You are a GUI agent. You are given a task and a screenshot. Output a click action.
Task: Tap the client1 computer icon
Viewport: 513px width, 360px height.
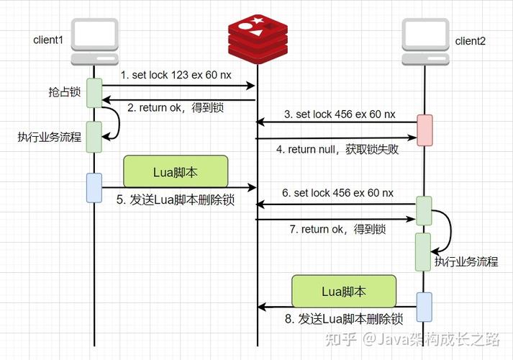pyautogui.click(x=94, y=42)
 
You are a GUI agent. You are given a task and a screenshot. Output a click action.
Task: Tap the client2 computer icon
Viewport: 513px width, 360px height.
pyautogui.click(x=425, y=42)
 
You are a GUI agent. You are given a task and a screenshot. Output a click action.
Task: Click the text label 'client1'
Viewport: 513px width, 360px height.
pyautogui.click(x=48, y=39)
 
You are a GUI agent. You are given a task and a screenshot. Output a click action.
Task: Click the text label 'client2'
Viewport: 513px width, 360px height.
pyautogui.click(x=471, y=41)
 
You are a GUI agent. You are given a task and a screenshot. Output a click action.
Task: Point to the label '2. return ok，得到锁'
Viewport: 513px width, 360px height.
pyautogui.click(x=175, y=108)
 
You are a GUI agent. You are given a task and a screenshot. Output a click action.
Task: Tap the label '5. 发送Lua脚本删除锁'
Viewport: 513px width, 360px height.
pyautogui.click(x=176, y=201)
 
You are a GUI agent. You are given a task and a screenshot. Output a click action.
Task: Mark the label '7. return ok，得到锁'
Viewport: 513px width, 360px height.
pyautogui.click(x=337, y=229)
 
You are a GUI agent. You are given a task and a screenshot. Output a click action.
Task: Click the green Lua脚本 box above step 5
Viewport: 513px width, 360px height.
pyautogui.click(x=176, y=173)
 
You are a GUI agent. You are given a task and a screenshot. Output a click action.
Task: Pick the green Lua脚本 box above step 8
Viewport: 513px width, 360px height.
pyautogui.click(x=343, y=292)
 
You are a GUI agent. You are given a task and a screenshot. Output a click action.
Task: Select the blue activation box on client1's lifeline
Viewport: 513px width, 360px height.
pyautogui.click(x=94, y=187)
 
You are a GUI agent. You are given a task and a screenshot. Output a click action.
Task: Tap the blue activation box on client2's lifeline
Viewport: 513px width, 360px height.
pyautogui.click(x=425, y=306)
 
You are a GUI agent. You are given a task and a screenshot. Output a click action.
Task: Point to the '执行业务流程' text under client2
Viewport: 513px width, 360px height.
pyautogui.click(x=466, y=261)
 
